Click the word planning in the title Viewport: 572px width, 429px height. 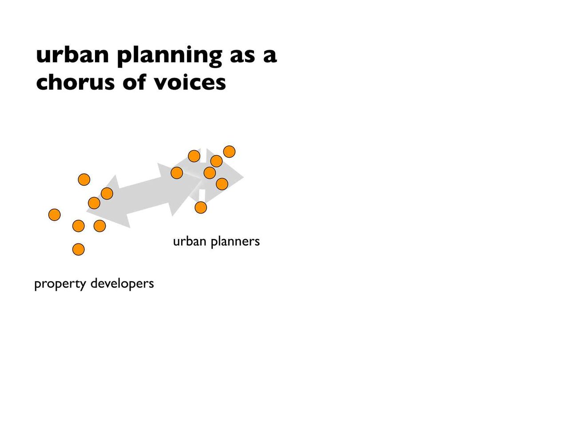pyautogui.click(x=170, y=56)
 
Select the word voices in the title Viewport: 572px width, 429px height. pyautogui.click(x=190, y=82)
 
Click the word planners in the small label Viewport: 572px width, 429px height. pyautogui.click(x=235, y=242)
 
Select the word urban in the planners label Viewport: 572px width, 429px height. pyautogui.click(x=190, y=241)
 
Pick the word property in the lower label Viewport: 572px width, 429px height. pyautogui.click(x=60, y=284)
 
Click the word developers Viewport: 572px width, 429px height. pyautogui.click(x=122, y=283)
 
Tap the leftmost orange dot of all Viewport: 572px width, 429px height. pyautogui.click(x=55, y=214)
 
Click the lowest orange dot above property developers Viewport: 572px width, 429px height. pyautogui.click(x=79, y=250)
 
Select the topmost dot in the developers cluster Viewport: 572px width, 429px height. pyautogui.click(x=84, y=180)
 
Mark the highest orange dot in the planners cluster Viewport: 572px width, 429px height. pyautogui.click(x=229, y=151)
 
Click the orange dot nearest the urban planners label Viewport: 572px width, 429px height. pyautogui.click(x=201, y=207)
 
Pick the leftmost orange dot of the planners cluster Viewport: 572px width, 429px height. pyautogui.click(x=177, y=173)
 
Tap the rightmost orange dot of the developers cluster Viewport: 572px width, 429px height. pyautogui.click(x=107, y=194)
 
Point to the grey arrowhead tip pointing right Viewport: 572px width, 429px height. pyautogui.click(x=244, y=177)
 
